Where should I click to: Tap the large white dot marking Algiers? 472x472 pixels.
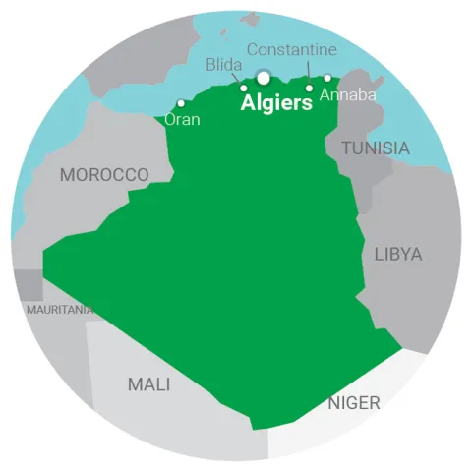[x=264, y=78]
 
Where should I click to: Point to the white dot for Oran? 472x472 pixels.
[x=180, y=102]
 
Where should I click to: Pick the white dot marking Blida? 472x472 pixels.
[x=244, y=88]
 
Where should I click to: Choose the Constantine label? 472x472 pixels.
[x=291, y=49]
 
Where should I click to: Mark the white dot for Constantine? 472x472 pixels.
[x=309, y=88]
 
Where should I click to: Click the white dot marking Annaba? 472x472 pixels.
[x=327, y=78]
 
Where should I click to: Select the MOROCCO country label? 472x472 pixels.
[x=104, y=174]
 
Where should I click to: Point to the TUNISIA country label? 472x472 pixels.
[x=375, y=147]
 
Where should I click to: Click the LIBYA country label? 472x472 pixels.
[x=398, y=254]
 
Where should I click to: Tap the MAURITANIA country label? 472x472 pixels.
[x=61, y=309]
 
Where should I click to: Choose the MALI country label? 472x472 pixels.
[x=148, y=383]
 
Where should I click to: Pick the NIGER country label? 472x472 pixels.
[x=353, y=402]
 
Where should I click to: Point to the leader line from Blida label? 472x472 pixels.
[x=237, y=79]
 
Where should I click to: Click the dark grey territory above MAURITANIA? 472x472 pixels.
[x=29, y=285]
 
